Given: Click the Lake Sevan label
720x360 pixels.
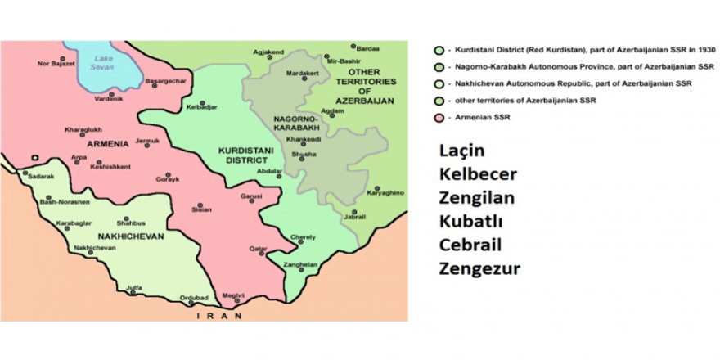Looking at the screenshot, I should (104, 63).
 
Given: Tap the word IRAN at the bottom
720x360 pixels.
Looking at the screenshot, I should (213, 315).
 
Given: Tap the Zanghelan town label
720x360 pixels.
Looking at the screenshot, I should (300, 265).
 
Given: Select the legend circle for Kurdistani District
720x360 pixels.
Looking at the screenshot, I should (439, 48).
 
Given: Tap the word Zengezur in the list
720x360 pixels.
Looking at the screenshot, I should (479, 268).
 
